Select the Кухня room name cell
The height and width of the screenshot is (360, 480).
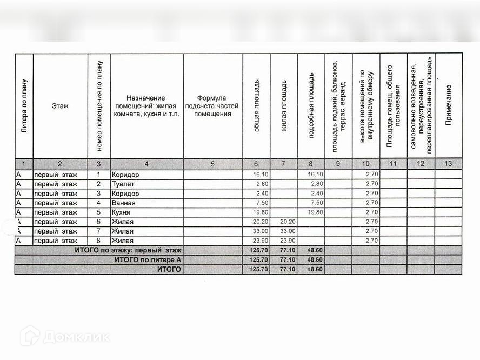(x=122, y=212)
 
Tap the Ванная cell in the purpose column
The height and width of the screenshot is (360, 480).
(x=123, y=203)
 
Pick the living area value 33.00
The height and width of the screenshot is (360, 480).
(x=284, y=231)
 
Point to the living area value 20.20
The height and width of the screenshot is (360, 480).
(x=284, y=222)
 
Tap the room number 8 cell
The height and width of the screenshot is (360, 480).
(x=98, y=241)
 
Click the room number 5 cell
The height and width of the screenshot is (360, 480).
(x=98, y=212)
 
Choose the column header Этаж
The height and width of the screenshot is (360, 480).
(x=60, y=106)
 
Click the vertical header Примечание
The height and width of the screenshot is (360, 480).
(x=448, y=106)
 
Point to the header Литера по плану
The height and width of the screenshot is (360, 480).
(x=24, y=106)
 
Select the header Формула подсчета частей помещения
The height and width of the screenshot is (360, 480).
(x=212, y=106)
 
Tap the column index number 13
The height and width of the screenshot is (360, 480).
(x=448, y=164)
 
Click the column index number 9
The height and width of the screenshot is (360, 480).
(x=338, y=164)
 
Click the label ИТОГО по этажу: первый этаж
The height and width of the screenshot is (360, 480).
(x=128, y=250)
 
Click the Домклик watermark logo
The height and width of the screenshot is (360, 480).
(x=65, y=337)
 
